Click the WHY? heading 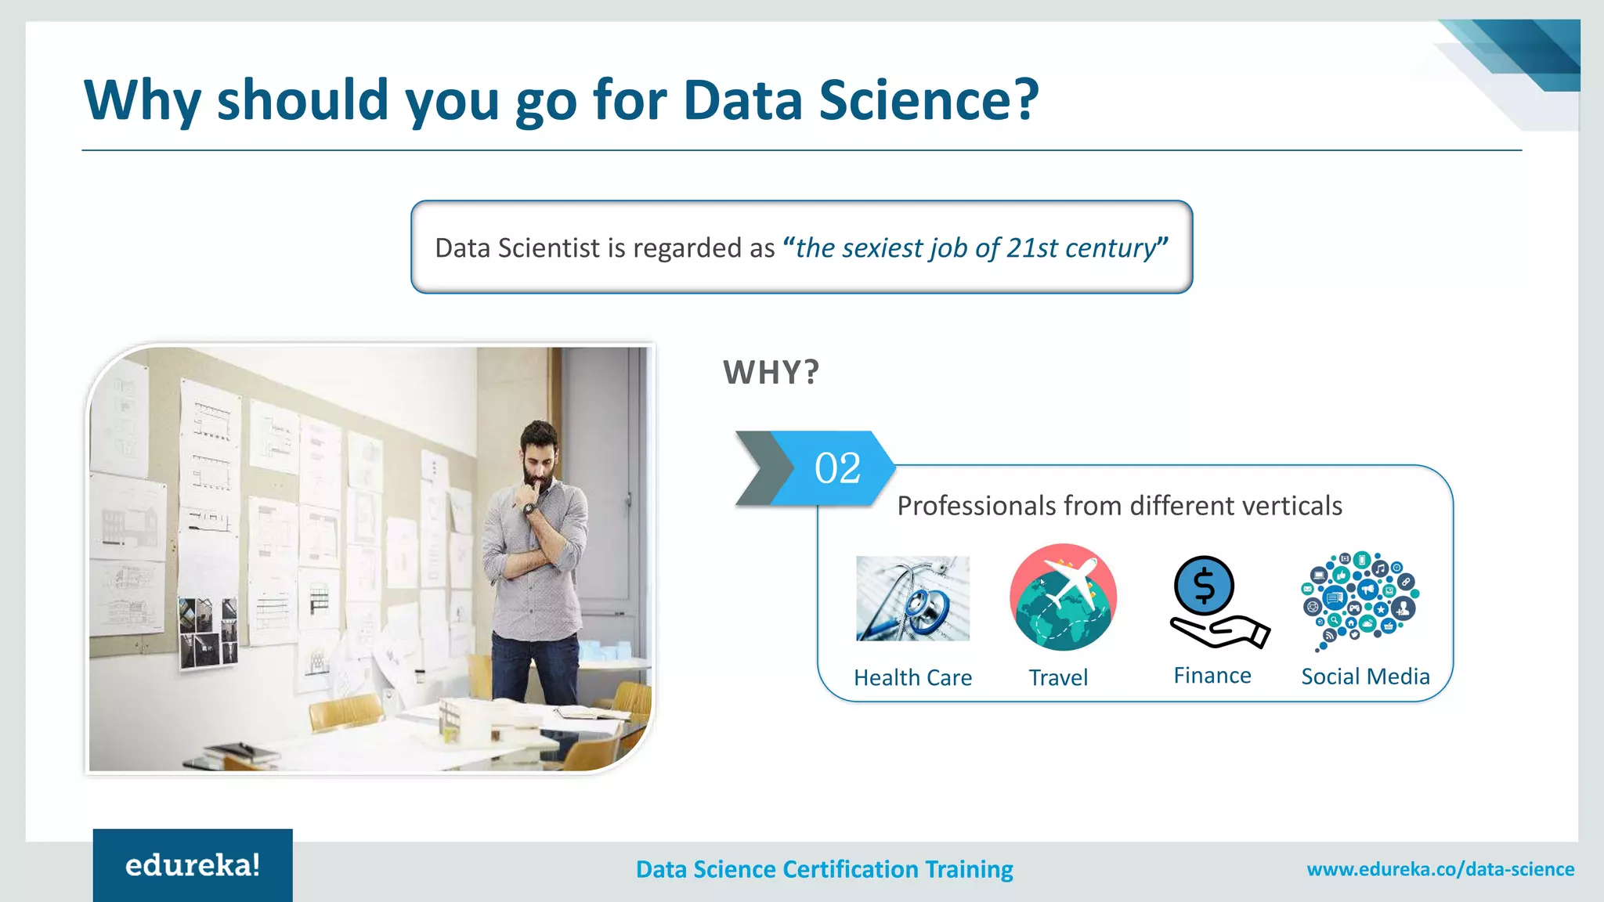click(771, 373)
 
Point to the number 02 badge click(837, 468)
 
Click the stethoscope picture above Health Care click(912, 598)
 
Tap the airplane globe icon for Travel click(1063, 597)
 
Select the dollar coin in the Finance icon click(1204, 585)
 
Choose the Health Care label click(912, 677)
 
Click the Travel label click(1058, 677)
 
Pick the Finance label click(1212, 676)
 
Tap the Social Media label click(1365, 676)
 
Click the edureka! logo click(193, 865)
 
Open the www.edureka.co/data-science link click(1440, 869)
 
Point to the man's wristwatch click(529, 510)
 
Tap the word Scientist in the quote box click(549, 248)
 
